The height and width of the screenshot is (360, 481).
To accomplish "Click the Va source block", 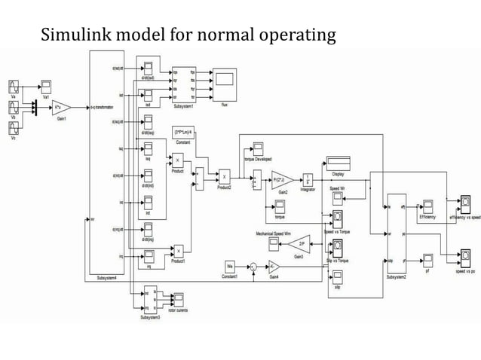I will click(x=16, y=84).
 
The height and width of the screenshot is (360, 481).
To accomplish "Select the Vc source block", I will click(x=16, y=126).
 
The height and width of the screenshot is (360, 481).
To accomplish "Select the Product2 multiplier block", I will click(x=224, y=176).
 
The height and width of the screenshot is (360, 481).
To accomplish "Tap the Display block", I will click(x=337, y=162).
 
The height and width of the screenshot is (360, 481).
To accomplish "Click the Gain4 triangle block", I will click(x=274, y=266).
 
